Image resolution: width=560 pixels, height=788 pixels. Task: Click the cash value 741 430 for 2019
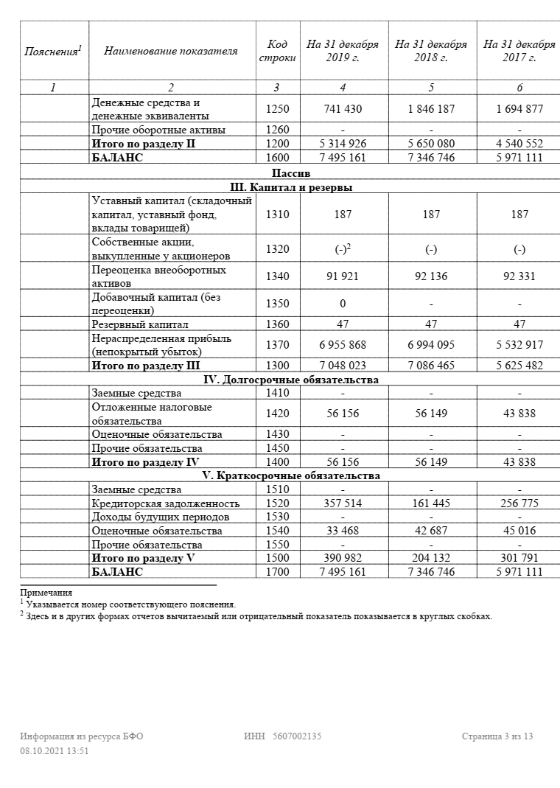click(343, 109)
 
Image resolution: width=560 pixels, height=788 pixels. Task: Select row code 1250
click(276, 109)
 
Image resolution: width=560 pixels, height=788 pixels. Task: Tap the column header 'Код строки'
click(276, 51)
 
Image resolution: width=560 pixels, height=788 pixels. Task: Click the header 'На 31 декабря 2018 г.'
click(431, 51)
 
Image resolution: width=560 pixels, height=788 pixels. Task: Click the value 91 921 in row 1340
click(343, 276)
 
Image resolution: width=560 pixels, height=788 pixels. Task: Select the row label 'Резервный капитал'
click(140, 324)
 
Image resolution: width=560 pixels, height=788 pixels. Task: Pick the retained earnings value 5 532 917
click(519, 345)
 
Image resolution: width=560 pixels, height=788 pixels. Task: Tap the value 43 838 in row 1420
click(519, 414)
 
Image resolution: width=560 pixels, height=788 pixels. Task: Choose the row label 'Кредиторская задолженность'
click(166, 503)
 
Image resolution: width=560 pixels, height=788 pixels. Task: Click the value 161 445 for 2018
click(431, 503)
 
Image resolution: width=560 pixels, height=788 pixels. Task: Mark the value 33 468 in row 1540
click(343, 531)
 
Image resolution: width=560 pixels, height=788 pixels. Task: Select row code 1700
click(276, 572)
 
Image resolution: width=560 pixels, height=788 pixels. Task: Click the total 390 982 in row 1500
click(343, 558)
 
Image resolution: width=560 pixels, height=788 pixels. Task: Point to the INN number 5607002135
click(297, 736)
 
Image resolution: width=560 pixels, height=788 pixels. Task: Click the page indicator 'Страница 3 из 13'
click(497, 736)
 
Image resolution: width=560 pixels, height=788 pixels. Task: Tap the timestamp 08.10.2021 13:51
click(55, 750)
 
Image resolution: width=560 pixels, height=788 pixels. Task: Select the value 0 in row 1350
click(343, 304)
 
